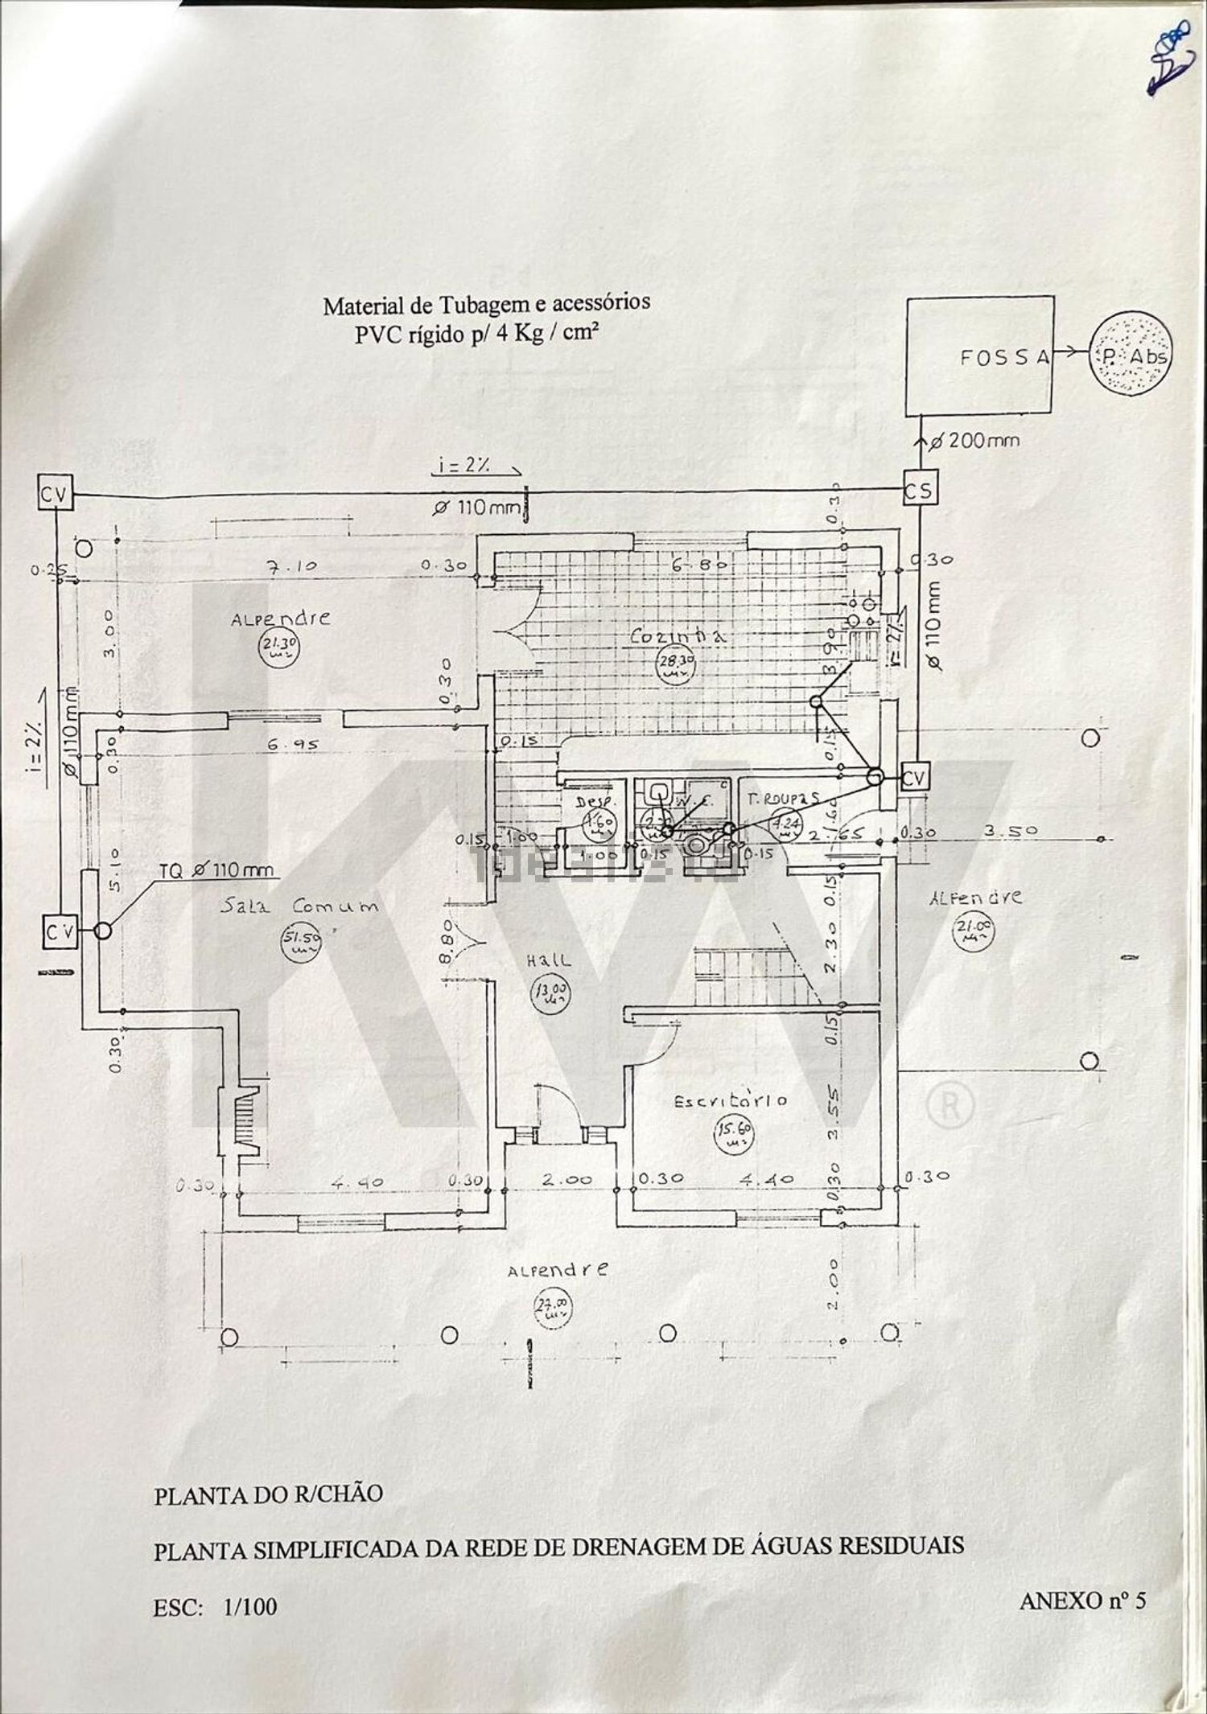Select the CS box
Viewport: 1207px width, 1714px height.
coord(919,491)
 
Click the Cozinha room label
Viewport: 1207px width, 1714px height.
coord(678,635)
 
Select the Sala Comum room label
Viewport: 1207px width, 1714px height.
coord(299,906)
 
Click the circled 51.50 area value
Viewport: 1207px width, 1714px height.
coord(300,940)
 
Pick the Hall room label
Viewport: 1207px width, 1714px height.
coord(550,960)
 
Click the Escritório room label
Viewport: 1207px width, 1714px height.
coord(730,1100)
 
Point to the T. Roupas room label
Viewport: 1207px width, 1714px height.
coord(783,799)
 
